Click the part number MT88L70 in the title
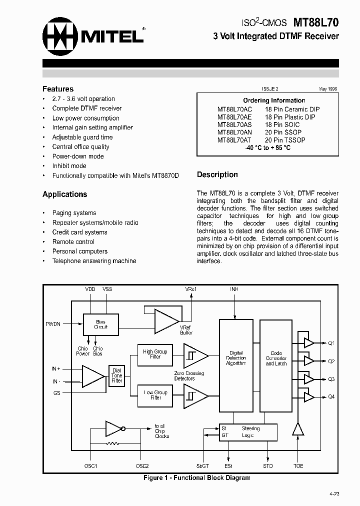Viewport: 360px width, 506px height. (315, 23)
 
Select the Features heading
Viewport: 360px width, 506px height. (57, 89)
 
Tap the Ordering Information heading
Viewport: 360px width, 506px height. (274, 100)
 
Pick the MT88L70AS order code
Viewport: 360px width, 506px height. (234, 124)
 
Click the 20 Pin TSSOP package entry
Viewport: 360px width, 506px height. (285, 140)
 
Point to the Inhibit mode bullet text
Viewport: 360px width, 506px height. (69, 166)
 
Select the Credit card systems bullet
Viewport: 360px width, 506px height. (79, 232)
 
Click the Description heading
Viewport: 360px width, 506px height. (217, 175)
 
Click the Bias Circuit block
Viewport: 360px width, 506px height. (101, 324)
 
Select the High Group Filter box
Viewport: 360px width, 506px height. (155, 354)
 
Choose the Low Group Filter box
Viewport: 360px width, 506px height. (155, 395)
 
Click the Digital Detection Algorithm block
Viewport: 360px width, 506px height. (236, 358)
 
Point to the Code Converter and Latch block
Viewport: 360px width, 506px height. (276, 358)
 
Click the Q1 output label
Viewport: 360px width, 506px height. (331, 343)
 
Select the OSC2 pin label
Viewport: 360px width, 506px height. (142, 466)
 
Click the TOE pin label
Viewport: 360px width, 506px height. (298, 466)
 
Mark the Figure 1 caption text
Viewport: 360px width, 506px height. (196, 478)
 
